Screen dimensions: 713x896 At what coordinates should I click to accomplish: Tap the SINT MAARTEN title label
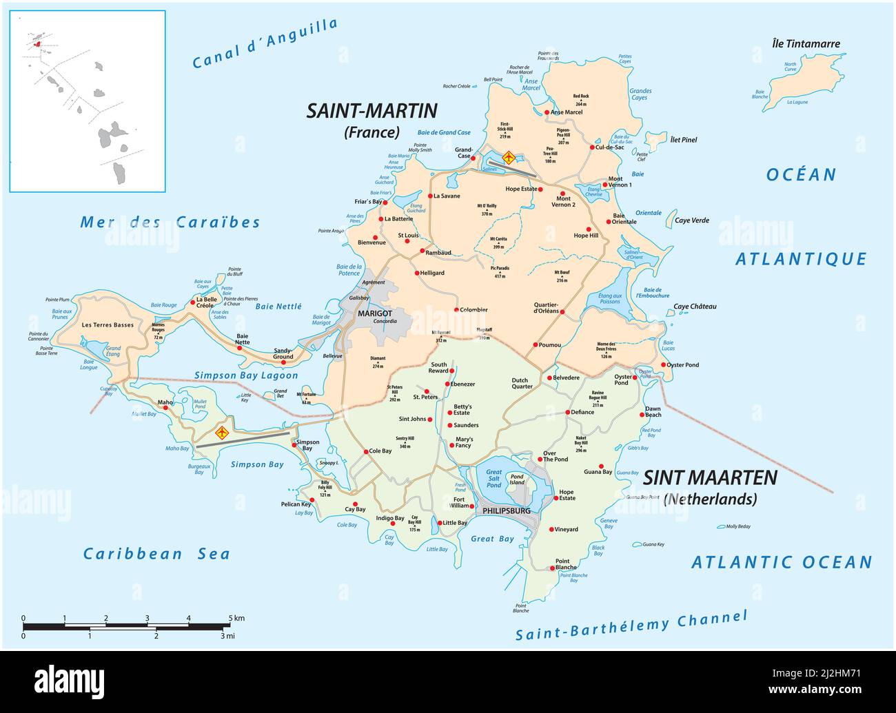pos(710,477)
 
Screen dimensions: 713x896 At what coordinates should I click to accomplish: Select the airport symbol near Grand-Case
pos(509,158)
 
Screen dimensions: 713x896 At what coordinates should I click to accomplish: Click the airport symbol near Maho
pos(221,433)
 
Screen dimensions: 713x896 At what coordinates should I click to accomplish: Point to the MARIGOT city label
pos(375,313)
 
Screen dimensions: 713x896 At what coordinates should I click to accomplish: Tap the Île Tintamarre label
pos(806,43)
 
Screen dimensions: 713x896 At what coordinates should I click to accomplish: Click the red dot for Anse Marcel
pos(547,112)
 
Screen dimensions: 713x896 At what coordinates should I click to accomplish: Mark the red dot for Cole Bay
pos(365,452)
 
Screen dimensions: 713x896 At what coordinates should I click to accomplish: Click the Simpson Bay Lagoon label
pos(247,375)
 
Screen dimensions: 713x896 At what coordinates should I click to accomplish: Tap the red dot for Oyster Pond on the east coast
pos(664,365)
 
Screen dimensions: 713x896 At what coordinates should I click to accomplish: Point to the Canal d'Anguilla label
pos(265,43)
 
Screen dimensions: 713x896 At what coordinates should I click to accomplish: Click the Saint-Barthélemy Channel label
pos(631,625)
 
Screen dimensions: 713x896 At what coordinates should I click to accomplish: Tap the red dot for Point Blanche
pos(550,569)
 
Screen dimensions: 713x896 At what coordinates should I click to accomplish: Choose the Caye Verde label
pos(691,220)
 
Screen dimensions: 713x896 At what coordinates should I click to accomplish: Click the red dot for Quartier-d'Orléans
pos(562,312)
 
